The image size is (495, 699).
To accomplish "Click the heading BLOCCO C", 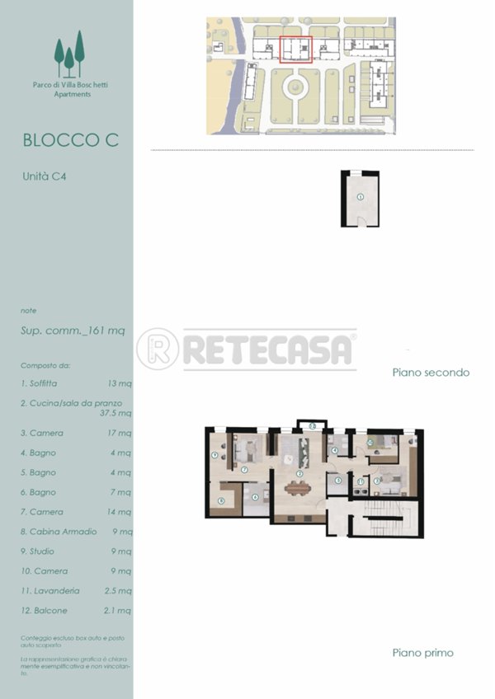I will [x=71, y=140].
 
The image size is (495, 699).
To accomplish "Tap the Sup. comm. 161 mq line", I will [x=73, y=331].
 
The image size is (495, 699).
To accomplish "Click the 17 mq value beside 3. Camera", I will [x=119, y=433].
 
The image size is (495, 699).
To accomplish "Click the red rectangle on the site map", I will [x=295, y=49].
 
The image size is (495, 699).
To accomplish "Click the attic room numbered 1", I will [x=360, y=198].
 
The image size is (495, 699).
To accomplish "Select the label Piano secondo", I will [x=431, y=373].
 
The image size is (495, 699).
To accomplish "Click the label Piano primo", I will [x=422, y=653].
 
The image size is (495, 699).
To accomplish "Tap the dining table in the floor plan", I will [x=299, y=487].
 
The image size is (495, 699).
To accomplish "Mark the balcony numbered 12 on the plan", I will [x=308, y=425].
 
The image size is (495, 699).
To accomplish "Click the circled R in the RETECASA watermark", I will [x=157, y=349].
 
